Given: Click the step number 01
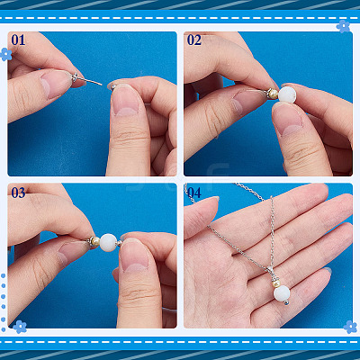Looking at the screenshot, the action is (x=18, y=40).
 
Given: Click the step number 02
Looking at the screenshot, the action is (x=194, y=40).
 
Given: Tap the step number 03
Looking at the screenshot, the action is (x=18, y=193).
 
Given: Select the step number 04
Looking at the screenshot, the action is (x=194, y=193).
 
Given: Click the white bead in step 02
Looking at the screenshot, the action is (x=287, y=94).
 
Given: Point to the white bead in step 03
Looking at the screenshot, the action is (x=108, y=243).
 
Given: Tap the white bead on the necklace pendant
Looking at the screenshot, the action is (x=282, y=293).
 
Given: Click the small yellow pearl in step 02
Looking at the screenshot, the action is (x=273, y=94).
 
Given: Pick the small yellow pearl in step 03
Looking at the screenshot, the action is (x=95, y=241).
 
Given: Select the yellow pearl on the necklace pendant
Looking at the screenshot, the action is (x=275, y=283).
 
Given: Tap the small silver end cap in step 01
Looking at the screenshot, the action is (x=113, y=87).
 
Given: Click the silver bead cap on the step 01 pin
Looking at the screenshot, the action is (x=75, y=78).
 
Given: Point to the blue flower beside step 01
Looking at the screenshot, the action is (x=5, y=54).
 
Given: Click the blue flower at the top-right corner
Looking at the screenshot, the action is (x=343, y=26).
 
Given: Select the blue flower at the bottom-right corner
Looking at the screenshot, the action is (x=350, y=327).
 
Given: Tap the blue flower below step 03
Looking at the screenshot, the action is (x=20, y=327).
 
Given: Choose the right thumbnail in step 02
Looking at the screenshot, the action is (x=289, y=119).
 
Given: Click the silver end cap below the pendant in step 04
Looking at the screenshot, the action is (x=287, y=302).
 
